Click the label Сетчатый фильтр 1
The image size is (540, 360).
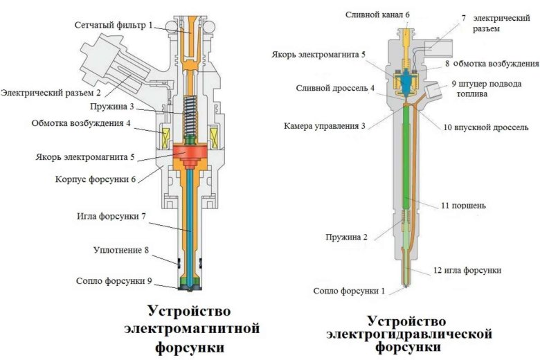click(116, 26)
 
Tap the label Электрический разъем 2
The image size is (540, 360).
click(51, 92)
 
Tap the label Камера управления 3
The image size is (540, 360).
click(324, 127)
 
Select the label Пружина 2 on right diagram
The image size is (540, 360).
click(347, 237)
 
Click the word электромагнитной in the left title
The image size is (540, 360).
click(192, 327)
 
